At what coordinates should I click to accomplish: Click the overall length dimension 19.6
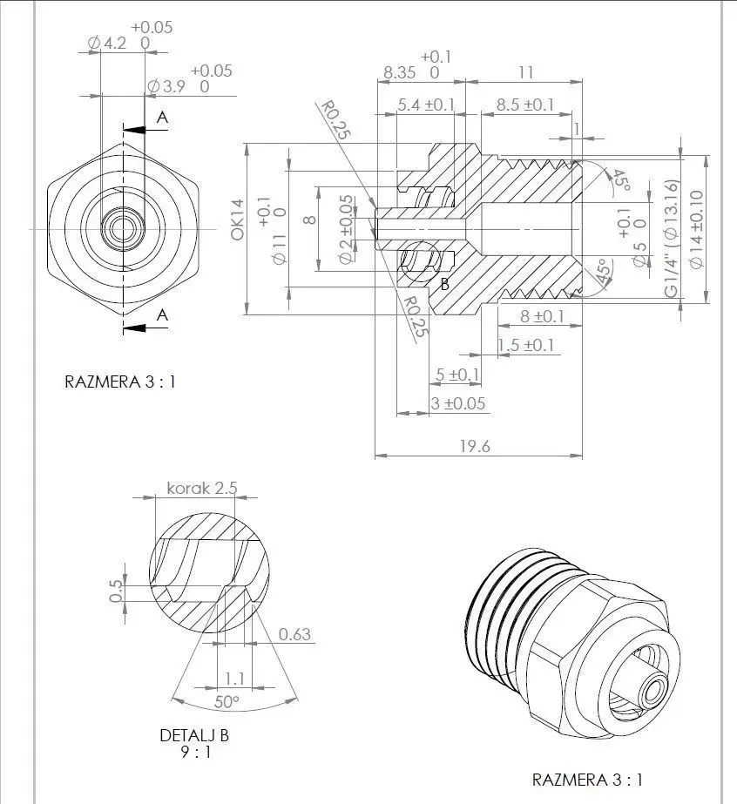pyautogui.click(x=475, y=446)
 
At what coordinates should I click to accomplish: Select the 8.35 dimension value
pyautogui.click(x=400, y=73)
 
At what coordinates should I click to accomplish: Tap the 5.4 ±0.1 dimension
pyautogui.click(x=426, y=105)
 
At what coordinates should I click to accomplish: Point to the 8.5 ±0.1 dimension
pyautogui.click(x=524, y=105)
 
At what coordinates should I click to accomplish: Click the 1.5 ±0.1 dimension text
pyautogui.click(x=525, y=346)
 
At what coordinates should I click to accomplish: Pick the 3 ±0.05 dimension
pyautogui.click(x=458, y=404)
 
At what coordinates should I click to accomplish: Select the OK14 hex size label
pyautogui.click(x=237, y=221)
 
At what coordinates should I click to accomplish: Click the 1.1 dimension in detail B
pyautogui.click(x=234, y=678)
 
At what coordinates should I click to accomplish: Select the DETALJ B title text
pyautogui.click(x=194, y=735)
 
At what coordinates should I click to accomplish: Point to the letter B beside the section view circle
pyautogui.click(x=444, y=284)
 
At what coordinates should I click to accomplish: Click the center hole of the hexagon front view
pyautogui.click(x=123, y=228)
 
